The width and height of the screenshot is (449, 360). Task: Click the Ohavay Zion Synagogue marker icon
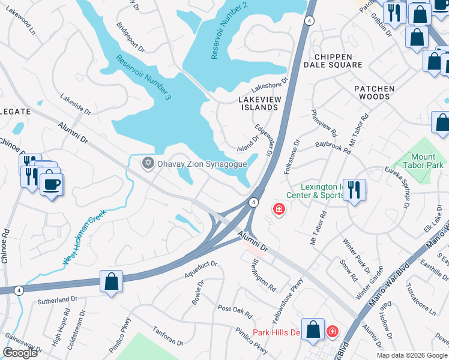click(x=148, y=163)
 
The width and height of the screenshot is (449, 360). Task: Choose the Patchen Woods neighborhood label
click(x=375, y=92)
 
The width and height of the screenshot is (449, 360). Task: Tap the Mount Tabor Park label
click(x=424, y=161)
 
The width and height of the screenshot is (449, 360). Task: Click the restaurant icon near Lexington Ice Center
click(x=354, y=190)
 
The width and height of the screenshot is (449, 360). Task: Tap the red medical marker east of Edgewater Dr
click(x=279, y=209)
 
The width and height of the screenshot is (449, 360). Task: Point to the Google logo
click(x=20, y=353)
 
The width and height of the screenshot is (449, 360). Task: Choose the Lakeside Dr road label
click(x=76, y=103)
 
